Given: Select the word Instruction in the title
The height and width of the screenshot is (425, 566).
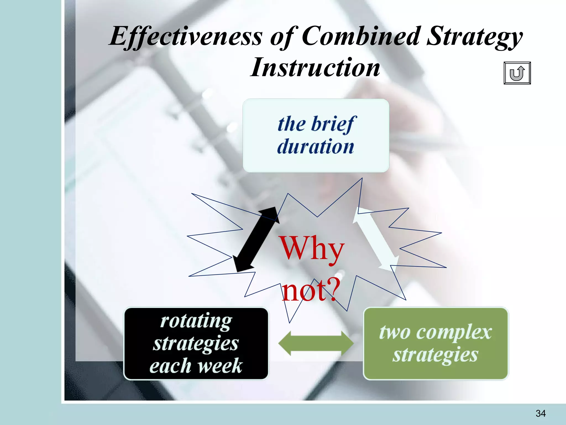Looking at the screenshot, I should click(315, 67).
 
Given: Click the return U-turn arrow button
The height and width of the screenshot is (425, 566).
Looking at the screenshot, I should click(517, 73).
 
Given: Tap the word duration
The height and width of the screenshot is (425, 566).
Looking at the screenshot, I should click(316, 146).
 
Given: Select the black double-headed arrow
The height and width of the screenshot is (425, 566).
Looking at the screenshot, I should click(256, 239).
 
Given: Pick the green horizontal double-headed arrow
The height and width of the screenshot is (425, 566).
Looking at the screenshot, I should click(316, 343).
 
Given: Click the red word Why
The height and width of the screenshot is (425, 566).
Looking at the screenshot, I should click(312, 248).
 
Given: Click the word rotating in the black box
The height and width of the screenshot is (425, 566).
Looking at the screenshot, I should click(196, 321).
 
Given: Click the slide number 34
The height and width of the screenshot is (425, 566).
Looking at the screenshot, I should click(540, 413).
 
